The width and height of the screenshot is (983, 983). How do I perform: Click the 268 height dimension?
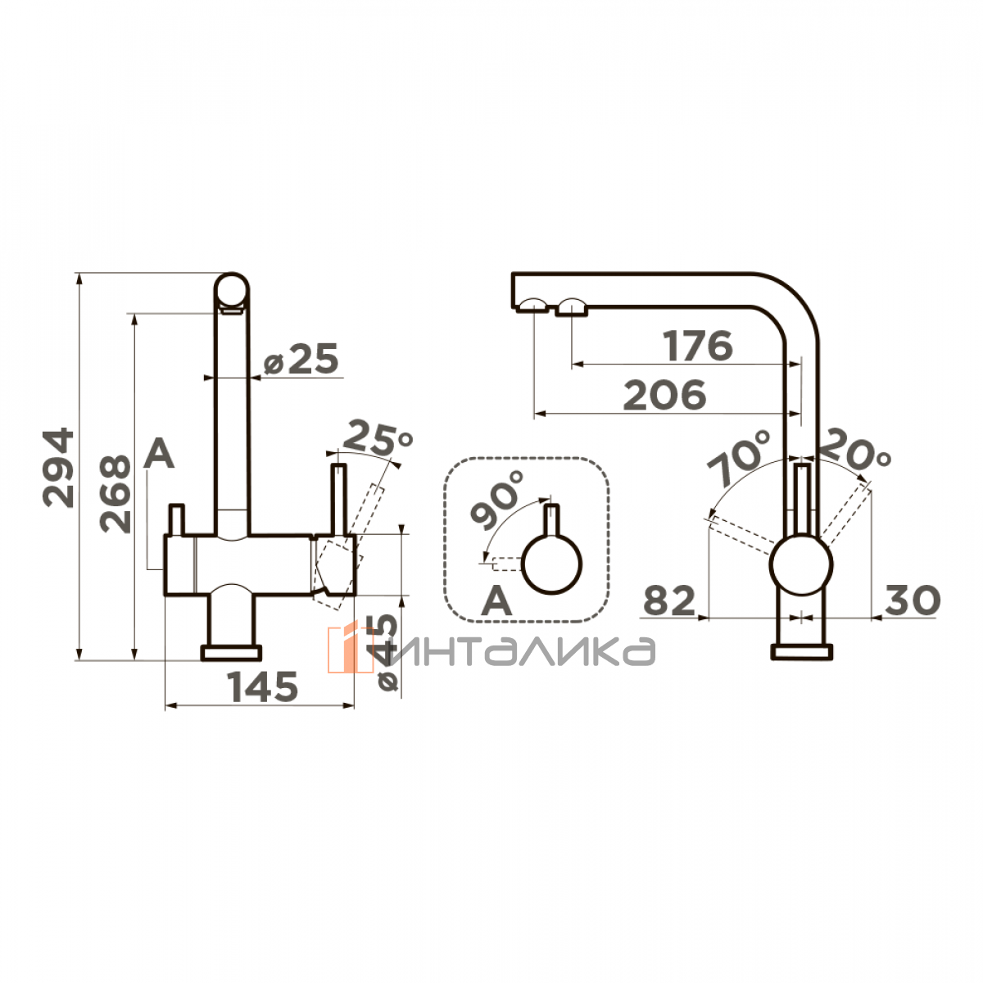(115, 494)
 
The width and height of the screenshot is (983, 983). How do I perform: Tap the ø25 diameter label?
(301, 358)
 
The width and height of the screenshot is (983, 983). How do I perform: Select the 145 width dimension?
(262, 686)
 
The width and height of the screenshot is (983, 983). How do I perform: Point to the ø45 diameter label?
(386, 653)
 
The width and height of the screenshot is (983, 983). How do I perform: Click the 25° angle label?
(378, 437)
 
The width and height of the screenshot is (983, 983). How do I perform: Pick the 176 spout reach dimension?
(699, 346)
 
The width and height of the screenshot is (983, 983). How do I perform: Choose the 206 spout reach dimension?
(664, 395)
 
